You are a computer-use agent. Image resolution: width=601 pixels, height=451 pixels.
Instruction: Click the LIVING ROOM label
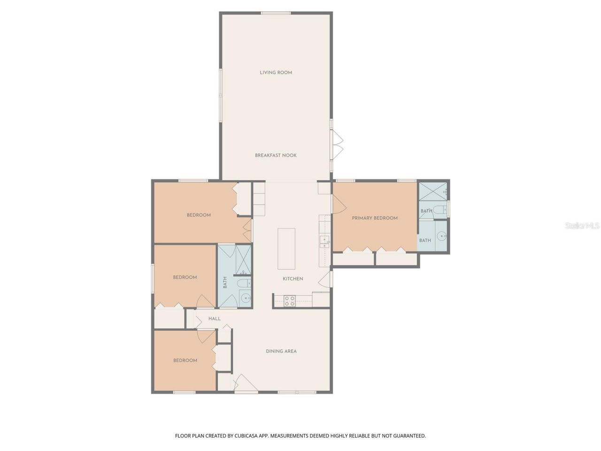pos(276,73)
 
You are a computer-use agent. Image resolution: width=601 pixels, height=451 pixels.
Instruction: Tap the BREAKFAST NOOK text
pos(276,156)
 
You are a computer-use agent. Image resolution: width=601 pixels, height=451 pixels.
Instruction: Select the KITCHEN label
pos(293,279)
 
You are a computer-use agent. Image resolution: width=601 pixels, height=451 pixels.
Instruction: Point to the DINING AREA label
pos(281,351)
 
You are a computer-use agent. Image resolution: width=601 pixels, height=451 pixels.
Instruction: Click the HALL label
pos(215,319)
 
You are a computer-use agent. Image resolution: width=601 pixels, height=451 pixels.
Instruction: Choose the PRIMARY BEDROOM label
pos(375,218)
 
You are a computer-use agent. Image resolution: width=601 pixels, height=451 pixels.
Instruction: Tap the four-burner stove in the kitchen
pos(289,301)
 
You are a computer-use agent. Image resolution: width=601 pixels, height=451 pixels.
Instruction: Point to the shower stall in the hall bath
pos(243,260)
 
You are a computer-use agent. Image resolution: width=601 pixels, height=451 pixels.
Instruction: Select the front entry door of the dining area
pos(245,383)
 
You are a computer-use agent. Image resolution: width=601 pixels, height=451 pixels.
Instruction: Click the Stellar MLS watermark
pos(582,226)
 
